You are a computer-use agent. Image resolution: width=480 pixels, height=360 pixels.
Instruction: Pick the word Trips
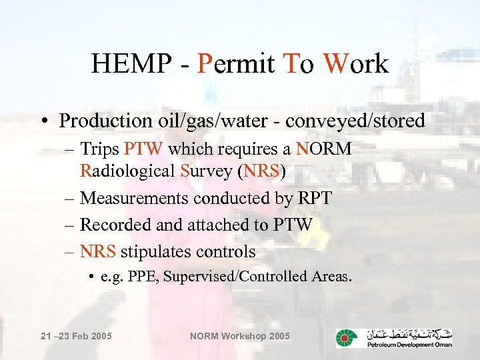100,149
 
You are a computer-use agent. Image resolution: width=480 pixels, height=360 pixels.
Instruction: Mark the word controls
225,251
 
